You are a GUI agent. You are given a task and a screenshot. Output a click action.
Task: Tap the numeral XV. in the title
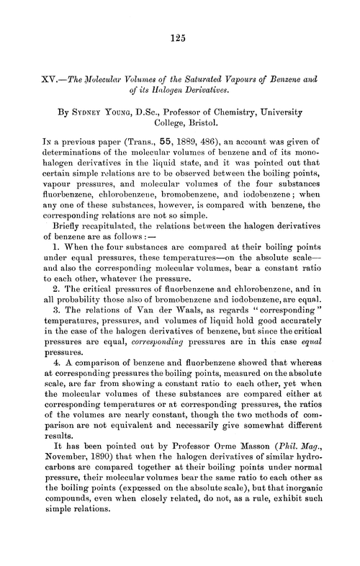coord(45,78)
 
